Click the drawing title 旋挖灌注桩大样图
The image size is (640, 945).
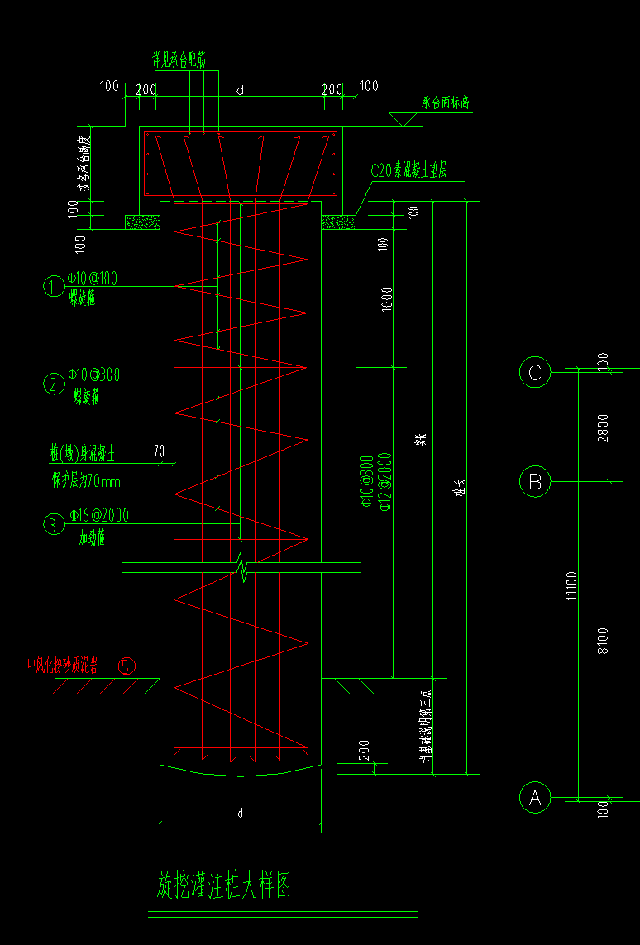(x=223, y=885)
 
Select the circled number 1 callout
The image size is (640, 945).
(x=54, y=287)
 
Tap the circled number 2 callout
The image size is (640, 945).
(x=54, y=384)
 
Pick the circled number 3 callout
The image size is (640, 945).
(x=54, y=524)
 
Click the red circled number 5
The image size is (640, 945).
(x=127, y=665)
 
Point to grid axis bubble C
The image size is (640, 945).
(x=535, y=372)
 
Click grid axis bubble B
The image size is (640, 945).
(x=535, y=480)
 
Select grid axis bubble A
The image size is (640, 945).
(x=535, y=799)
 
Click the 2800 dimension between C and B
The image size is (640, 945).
(x=603, y=427)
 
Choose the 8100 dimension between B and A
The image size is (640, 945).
(x=603, y=641)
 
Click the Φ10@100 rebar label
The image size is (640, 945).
(x=93, y=279)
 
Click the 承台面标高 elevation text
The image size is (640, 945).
(x=446, y=104)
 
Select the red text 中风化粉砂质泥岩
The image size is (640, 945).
(x=63, y=665)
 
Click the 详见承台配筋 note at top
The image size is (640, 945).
(x=179, y=60)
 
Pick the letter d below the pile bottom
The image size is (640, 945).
(x=240, y=814)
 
